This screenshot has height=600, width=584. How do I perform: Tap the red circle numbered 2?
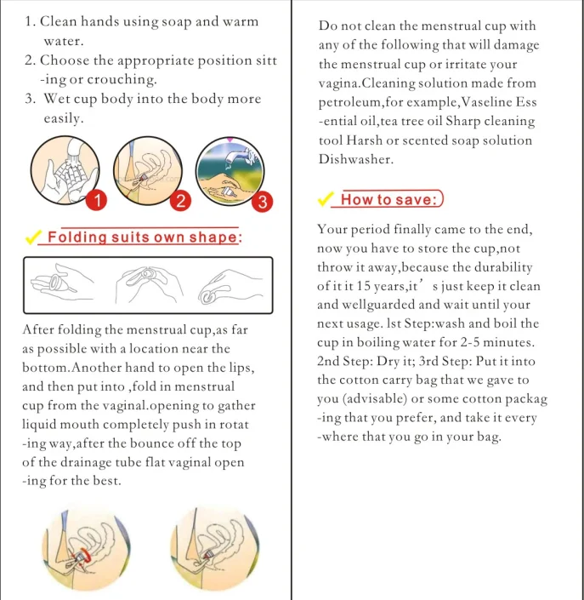[179, 202]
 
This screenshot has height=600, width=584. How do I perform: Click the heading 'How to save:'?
[388, 200]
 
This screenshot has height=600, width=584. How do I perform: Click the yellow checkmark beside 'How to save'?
[324, 199]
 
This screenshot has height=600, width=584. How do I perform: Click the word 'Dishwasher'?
[356, 159]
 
